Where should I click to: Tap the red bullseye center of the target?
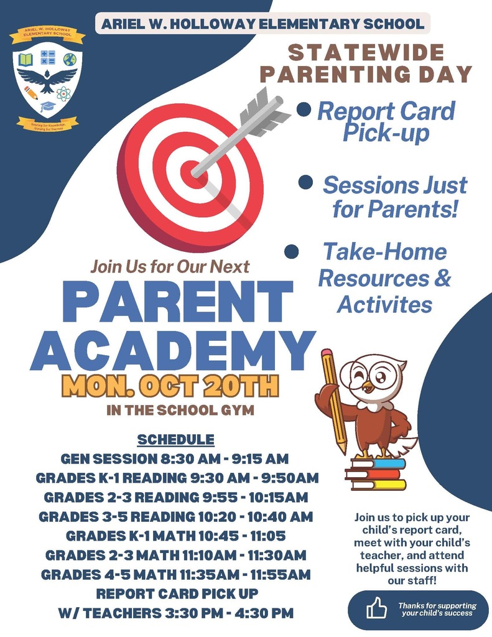tap(193, 170)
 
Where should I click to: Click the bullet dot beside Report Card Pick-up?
tap(304, 110)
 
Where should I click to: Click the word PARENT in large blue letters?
tap(177, 302)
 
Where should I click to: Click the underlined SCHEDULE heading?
tap(175, 439)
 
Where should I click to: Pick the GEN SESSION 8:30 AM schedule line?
tap(175, 459)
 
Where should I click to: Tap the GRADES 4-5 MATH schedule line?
tap(176, 574)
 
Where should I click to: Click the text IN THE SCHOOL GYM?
tap(180, 411)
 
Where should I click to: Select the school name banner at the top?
tap(262, 24)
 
